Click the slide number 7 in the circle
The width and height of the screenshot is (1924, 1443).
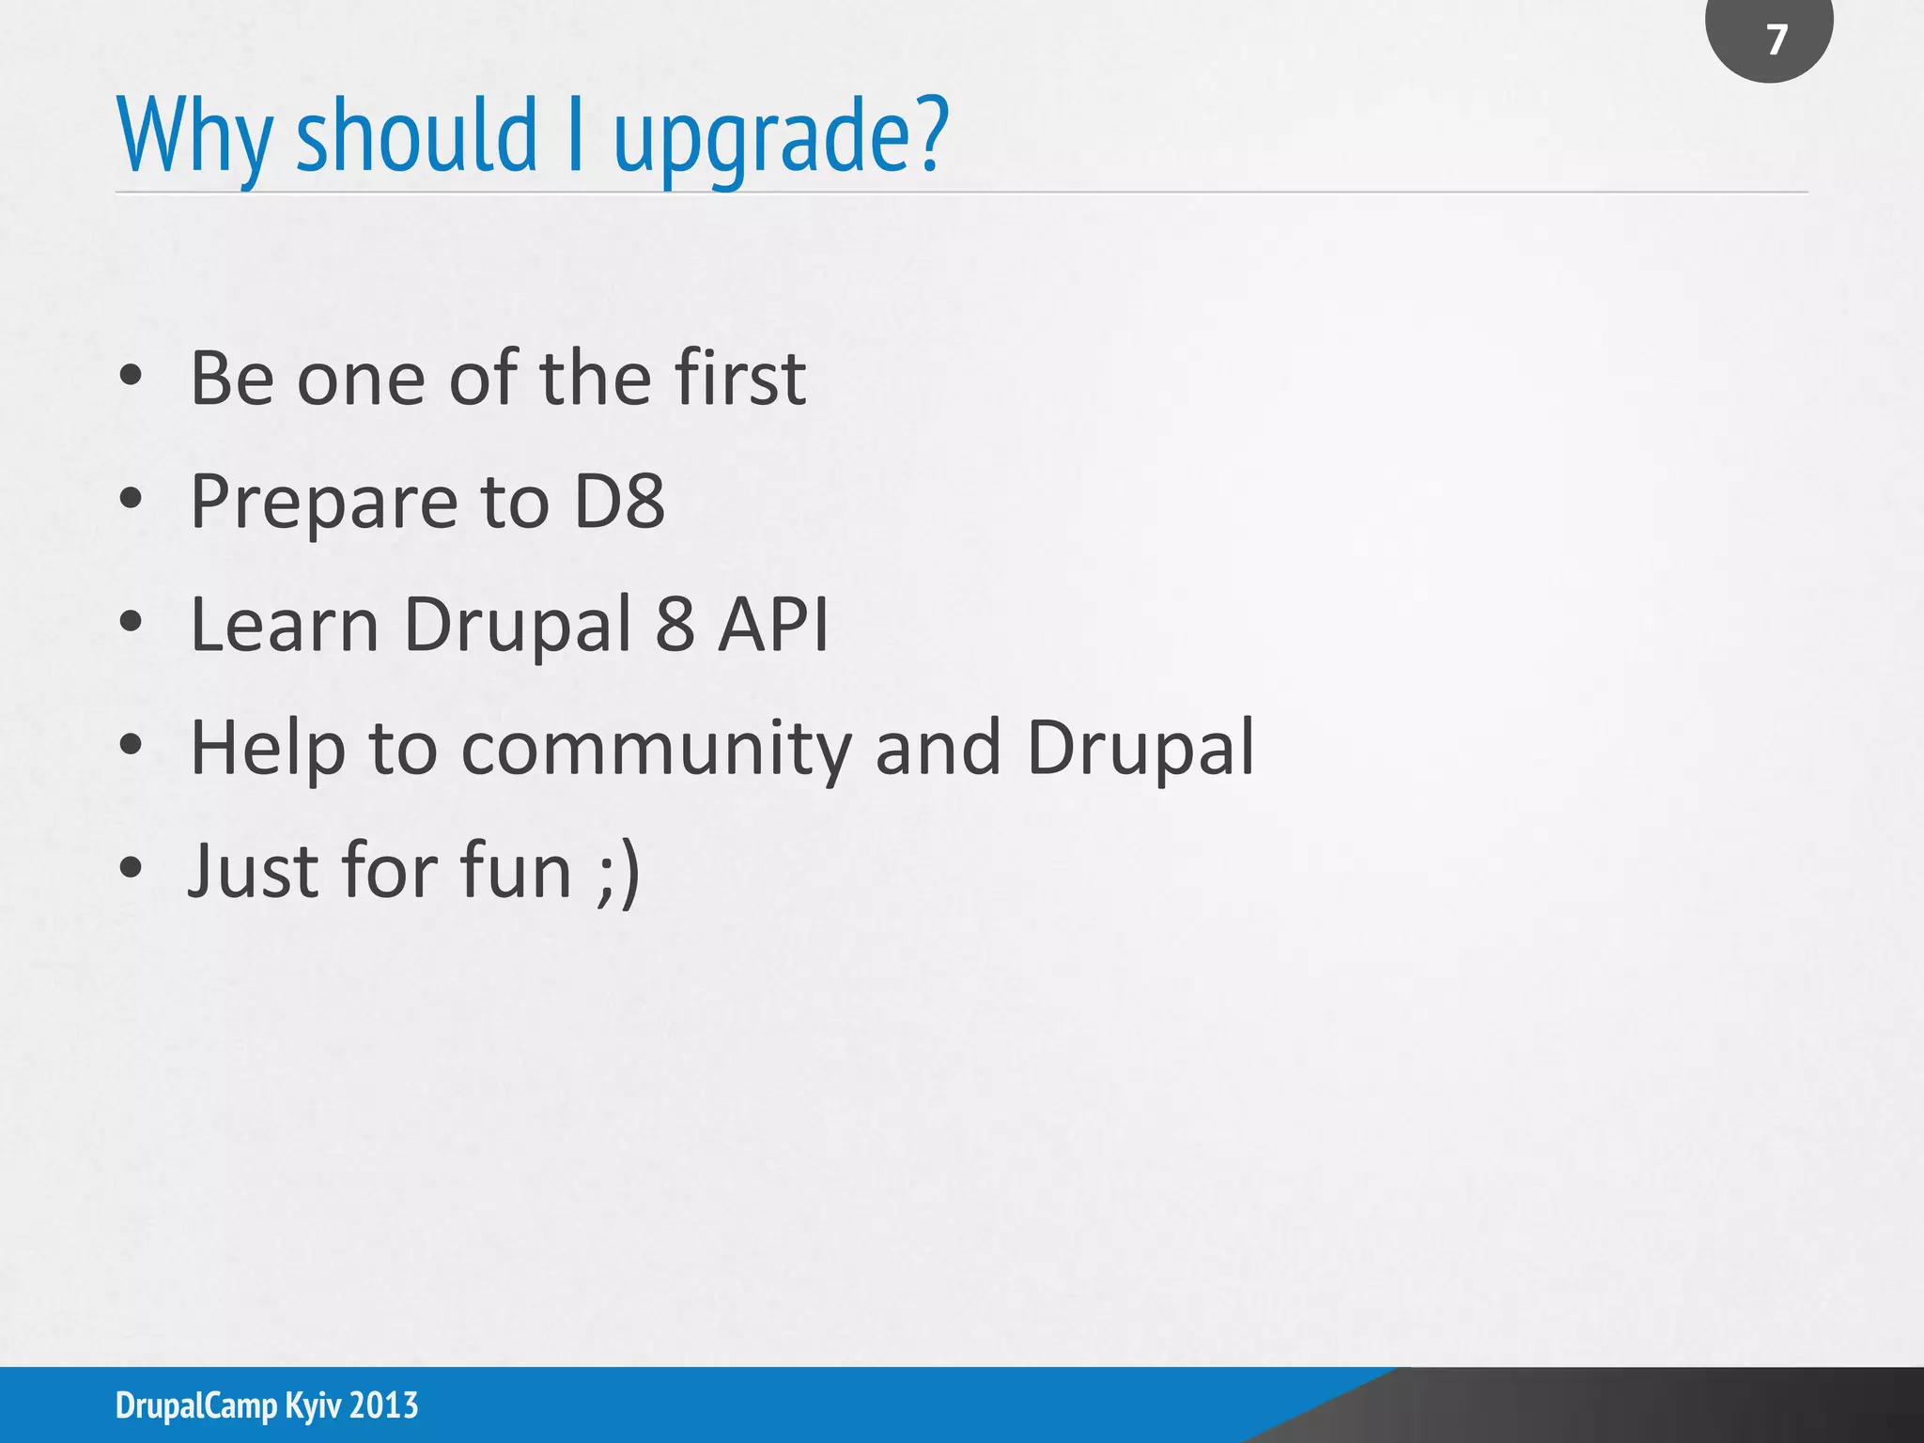click(x=1775, y=39)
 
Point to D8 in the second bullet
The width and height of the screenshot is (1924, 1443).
click(x=618, y=501)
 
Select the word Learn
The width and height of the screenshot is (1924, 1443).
click(x=285, y=624)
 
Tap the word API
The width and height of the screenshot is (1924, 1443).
click(x=773, y=624)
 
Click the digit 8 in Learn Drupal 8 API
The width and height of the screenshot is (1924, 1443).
click(x=675, y=624)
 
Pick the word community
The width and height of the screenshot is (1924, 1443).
click(x=656, y=749)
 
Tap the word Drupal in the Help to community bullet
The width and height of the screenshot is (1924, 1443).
click(x=1140, y=749)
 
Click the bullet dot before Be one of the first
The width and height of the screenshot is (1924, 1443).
click(x=131, y=377)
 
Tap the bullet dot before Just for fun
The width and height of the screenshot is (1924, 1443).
click(x=131, y=869)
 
